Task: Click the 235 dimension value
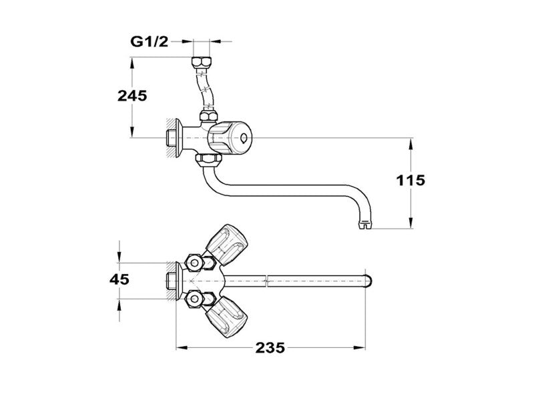point(271,347)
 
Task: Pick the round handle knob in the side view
point(226,137)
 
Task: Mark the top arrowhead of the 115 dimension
point(411,141)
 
